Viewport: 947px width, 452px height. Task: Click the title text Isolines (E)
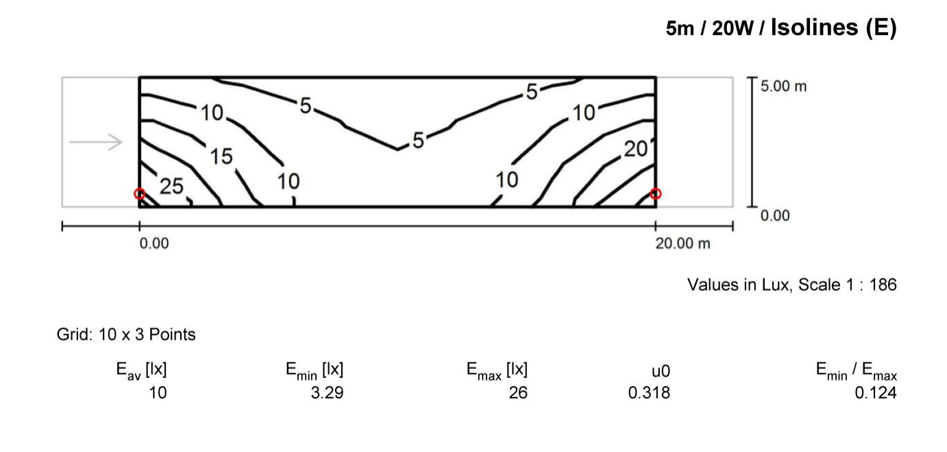click(x=833, y=28)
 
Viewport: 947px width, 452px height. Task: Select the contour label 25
click(x=171, y=186)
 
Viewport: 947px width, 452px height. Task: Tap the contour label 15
click(x=221, y=156)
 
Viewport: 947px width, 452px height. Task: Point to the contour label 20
click(x=636, y=149)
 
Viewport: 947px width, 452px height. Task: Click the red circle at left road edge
click(x=140, y=194)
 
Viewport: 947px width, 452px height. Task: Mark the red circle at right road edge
click(x=655, y=194)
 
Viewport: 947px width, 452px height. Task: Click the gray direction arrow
click(x=95, y=142)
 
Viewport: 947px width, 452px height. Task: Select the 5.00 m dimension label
click(x=783, y=86)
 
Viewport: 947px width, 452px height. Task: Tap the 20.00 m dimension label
click(x=682, y=243)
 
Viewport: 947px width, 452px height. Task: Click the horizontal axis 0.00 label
click(x=154, y=243)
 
